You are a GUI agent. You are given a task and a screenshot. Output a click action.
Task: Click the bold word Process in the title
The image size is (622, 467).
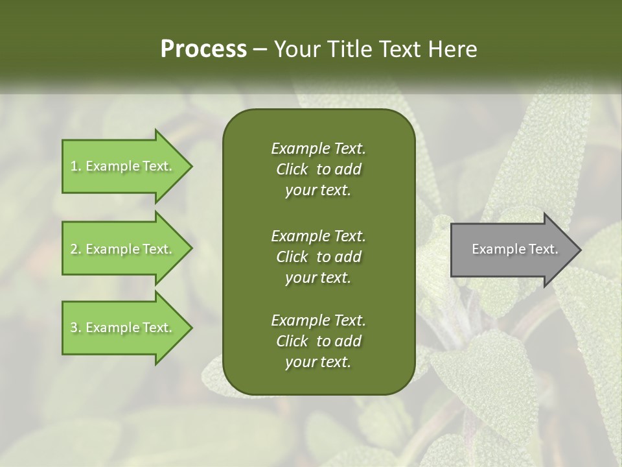point(203,49)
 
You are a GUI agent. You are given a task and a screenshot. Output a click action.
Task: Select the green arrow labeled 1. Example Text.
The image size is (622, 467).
point(123,166)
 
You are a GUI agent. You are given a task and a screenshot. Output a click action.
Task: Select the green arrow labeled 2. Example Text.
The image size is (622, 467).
point(123,249)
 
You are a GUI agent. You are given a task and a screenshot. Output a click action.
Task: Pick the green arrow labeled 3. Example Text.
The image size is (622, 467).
point(123,328)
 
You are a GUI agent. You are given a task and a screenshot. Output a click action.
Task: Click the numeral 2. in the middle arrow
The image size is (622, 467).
point(76,249)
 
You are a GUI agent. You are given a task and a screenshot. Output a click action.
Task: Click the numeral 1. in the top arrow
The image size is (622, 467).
point(76,166)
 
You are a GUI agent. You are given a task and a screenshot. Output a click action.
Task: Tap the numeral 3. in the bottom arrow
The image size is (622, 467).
point(76,328)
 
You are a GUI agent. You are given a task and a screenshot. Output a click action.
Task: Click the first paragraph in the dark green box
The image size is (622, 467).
point(318,169)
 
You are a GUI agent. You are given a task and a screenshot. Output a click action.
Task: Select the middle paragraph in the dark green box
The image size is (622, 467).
point(318,257)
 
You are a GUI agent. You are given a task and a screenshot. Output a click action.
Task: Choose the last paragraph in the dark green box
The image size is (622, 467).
point(318,341)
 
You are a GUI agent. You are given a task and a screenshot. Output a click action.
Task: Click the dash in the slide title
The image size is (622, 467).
point(260,49)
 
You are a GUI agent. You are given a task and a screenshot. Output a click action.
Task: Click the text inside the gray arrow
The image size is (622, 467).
point(515,249)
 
